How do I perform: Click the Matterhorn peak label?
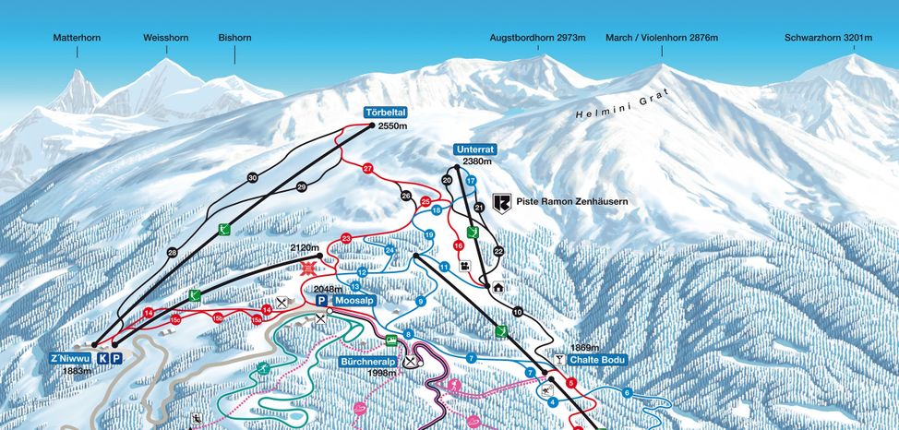77,38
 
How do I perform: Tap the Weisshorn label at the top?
165,38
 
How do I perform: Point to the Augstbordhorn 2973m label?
538,38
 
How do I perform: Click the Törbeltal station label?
386,113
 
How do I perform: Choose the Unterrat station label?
476,149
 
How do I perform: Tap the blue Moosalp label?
354,301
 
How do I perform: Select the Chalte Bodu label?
599,360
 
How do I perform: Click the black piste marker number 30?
252,177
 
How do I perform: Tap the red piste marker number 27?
367,169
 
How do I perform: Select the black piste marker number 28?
172,253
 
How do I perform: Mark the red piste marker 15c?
174,319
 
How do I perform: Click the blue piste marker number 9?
420,302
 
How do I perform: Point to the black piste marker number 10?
517,312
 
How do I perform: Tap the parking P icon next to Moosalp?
321,301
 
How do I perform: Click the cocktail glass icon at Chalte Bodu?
558,359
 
